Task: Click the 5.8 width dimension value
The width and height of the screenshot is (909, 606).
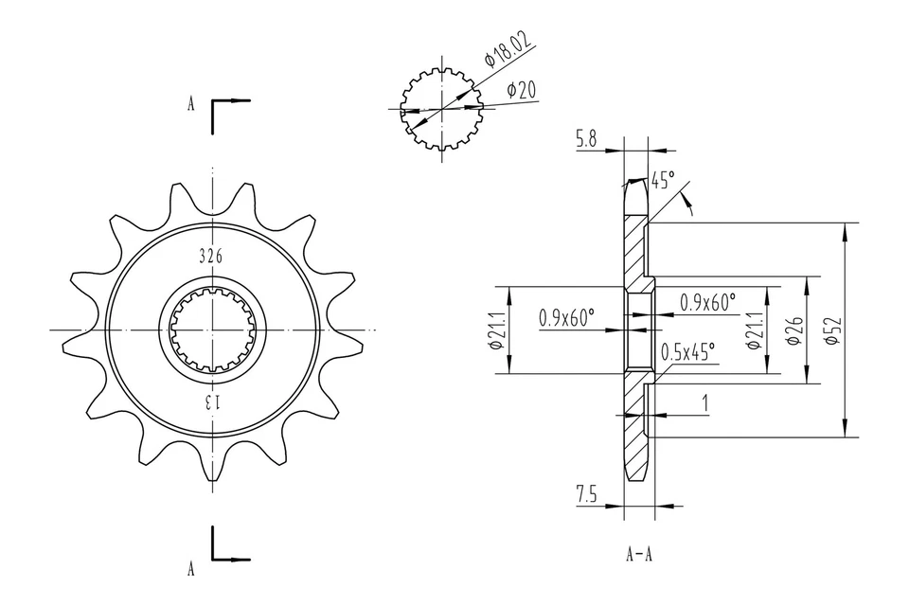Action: [x=586, y=139]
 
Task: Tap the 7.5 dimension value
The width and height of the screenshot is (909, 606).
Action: [x=586, y=493]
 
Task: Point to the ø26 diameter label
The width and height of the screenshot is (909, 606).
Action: [x=793, y=330]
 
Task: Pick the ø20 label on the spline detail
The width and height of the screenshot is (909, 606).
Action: [x=522, y=90]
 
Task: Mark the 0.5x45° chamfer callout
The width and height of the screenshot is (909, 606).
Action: [x=688, y=353]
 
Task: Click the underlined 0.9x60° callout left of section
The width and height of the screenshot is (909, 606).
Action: [x=566, y=317]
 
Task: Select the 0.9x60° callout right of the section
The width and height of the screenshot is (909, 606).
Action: [x=707, y=302]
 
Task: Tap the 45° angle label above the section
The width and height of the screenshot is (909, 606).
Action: [x=662, y=180]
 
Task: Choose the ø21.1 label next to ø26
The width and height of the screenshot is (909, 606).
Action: [x=755, y=330]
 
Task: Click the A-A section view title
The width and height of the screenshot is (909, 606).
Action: [x=638, y=555]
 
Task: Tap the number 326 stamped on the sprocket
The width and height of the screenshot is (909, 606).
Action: [x=211, y=256]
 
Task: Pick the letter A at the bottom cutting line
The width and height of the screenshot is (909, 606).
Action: [x=190, y=568]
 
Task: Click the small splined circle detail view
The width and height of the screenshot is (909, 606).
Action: [x=442, y=109]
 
